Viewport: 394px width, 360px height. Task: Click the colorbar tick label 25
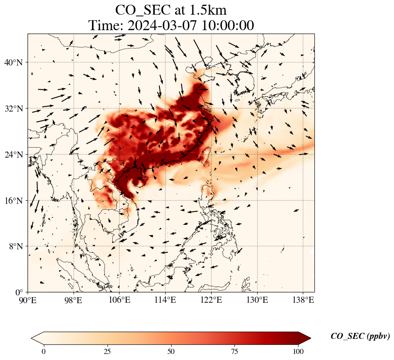point(108,351)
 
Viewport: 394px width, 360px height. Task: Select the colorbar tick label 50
point(171,351)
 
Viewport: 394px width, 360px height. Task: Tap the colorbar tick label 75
point(235,351)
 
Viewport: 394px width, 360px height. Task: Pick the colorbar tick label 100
point(299,351)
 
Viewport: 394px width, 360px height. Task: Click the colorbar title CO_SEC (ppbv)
point(360,337)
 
